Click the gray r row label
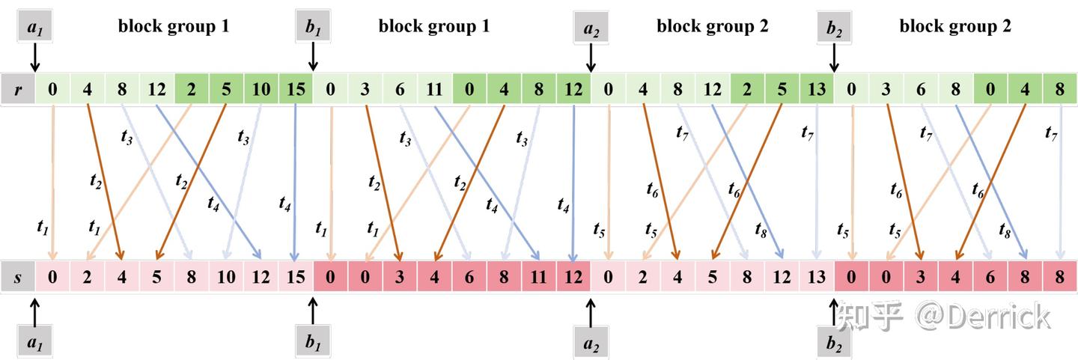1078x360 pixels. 18,89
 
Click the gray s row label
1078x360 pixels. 18,277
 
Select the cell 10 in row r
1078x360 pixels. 261,89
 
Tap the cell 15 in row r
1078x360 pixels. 296,89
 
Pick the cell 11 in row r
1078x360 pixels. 435,89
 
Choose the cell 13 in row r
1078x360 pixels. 817,89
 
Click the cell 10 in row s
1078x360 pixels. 226,277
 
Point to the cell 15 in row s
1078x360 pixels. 296,277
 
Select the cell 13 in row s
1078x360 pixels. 817,277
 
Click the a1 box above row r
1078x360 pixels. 34,26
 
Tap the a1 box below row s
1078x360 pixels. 34,343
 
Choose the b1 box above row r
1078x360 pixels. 313,26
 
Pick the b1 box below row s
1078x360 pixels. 313,343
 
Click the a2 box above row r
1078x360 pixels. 591,27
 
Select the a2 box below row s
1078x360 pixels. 591,343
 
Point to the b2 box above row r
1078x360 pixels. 834,27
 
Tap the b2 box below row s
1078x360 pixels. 834,343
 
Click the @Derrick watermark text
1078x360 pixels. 984,317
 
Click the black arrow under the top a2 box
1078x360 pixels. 591,58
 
